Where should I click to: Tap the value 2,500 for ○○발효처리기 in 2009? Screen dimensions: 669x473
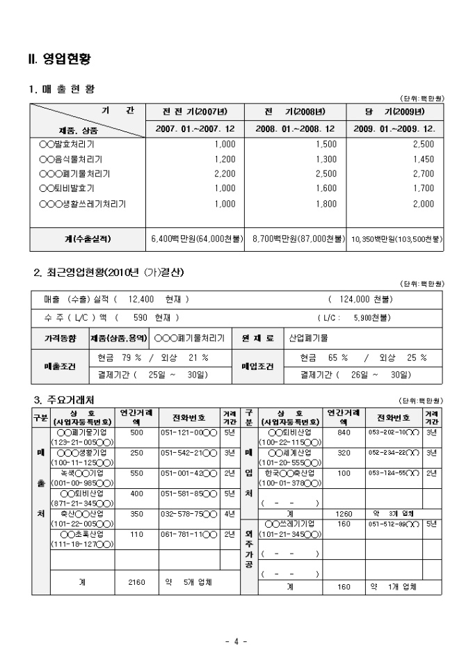point(423,145)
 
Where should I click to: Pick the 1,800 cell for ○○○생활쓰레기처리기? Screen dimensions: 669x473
point(326,204)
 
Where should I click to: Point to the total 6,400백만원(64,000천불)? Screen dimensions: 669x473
point(196,239)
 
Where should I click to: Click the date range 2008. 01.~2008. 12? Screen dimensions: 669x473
point(295,129)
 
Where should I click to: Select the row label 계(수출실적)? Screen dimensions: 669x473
point(87,239)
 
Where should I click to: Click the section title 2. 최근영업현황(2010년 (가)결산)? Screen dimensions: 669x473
point(109,272)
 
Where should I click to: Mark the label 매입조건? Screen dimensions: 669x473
point(257,366)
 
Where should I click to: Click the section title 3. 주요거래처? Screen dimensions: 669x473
point(65,400)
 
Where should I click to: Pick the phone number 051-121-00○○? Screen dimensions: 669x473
point(189,433)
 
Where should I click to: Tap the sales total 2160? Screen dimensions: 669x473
point(136,581)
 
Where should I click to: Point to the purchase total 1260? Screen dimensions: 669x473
point(344,514)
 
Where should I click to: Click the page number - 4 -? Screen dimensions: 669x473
point(236,642)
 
